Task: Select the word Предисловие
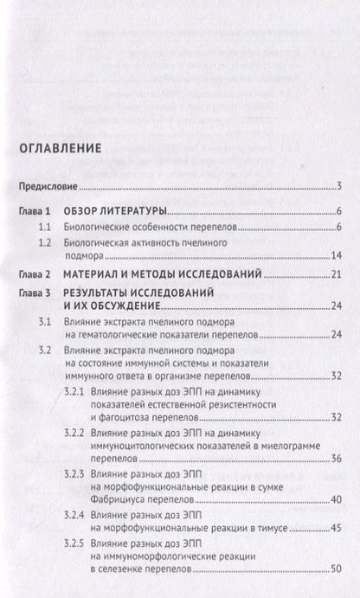point(48,186)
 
